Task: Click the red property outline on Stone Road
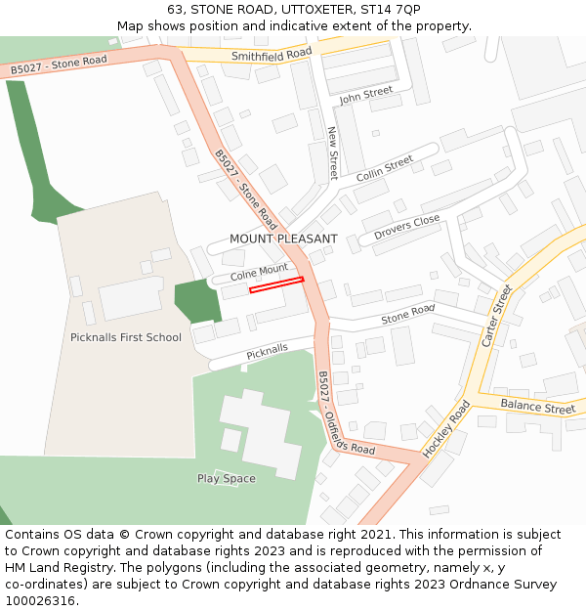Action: click(x=276, y=284)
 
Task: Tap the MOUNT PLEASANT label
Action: click(x=283, y=239)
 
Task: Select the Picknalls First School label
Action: click(x=126, y=337)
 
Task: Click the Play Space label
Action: click(x=227, y=478)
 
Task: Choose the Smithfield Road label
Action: click(x=272, y=55)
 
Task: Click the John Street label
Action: click(x=365, y=96)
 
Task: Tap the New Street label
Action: click(x=333, y=153)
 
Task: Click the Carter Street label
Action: click(x=497, y=316)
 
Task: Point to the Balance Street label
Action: click(x=538, y=406)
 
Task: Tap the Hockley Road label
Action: click(x=446, y=428)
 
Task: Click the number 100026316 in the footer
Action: click(x=42, y=601)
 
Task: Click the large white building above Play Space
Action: click(x=259, y=433)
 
